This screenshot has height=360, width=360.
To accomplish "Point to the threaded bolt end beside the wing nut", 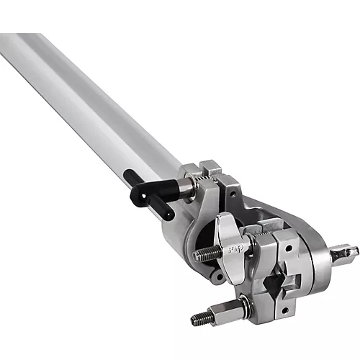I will pyautogui.click(x=204, y=254).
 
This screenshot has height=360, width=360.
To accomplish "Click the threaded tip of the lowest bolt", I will pyautogui.click(x=197, y=317).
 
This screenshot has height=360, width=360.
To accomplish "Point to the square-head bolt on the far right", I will pyautogui.click(x=347, y=253).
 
